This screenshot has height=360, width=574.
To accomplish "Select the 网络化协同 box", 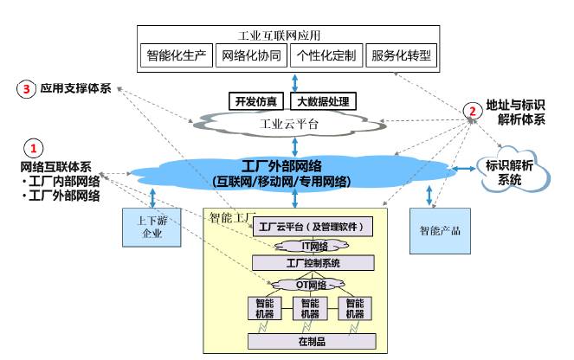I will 253,55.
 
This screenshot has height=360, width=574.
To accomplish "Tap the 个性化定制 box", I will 326,55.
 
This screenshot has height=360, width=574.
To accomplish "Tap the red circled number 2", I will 472,110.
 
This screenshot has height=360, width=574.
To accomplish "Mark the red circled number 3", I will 29,88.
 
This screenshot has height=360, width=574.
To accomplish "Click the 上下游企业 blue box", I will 146,228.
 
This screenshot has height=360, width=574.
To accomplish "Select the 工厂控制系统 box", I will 313,262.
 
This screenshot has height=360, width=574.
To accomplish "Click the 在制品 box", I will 313,340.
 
